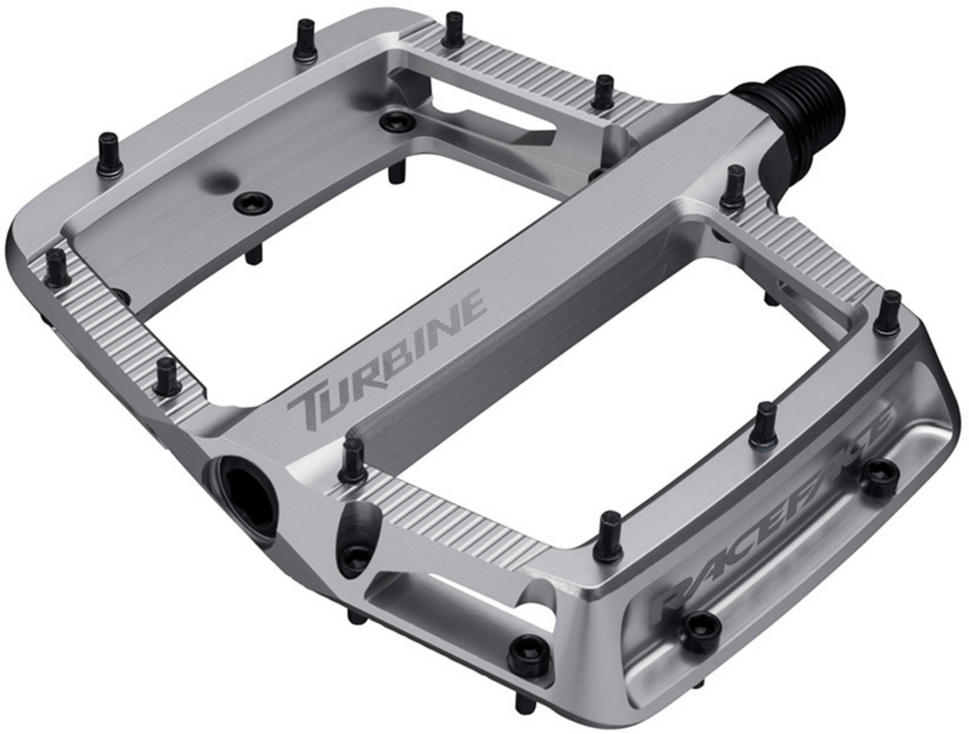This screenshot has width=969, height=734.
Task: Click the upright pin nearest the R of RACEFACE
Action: point(612,534)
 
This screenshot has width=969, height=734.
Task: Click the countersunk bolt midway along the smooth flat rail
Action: point(253,203)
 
